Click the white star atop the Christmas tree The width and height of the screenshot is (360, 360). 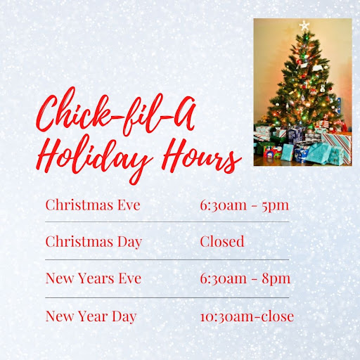click(x=304, y=26)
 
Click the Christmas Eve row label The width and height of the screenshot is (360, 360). click(x=93, y=205)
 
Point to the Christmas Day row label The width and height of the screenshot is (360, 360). click(x=94, y=242)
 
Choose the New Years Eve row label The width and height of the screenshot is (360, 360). click(x=94, y=278)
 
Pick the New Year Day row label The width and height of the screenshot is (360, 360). click(x=91, y=316)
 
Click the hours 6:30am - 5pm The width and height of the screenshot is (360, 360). click(x=245, y=205)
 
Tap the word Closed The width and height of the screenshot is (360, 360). click(x=222, y=242)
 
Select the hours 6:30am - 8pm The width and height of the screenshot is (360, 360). click(x=245, y=278)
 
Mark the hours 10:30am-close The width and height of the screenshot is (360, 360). click(x=247, y=316)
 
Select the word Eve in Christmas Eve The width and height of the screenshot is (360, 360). click(x=127, y=205)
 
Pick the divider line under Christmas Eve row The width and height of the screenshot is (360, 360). click(x=167, y=221)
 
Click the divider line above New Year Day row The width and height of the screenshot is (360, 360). click(x=167, y=297)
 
